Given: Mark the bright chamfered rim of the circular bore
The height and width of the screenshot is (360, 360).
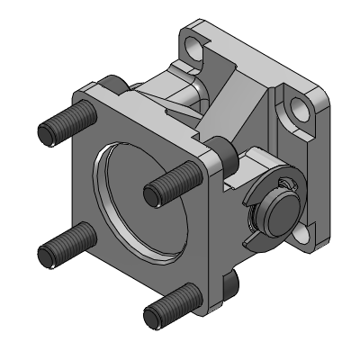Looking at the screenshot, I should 101,180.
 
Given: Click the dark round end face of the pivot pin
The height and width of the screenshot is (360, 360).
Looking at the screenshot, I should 274,215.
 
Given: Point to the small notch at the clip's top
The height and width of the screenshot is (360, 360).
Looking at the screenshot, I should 285,184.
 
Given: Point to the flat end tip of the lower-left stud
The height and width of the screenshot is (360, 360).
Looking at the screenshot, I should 48,255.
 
